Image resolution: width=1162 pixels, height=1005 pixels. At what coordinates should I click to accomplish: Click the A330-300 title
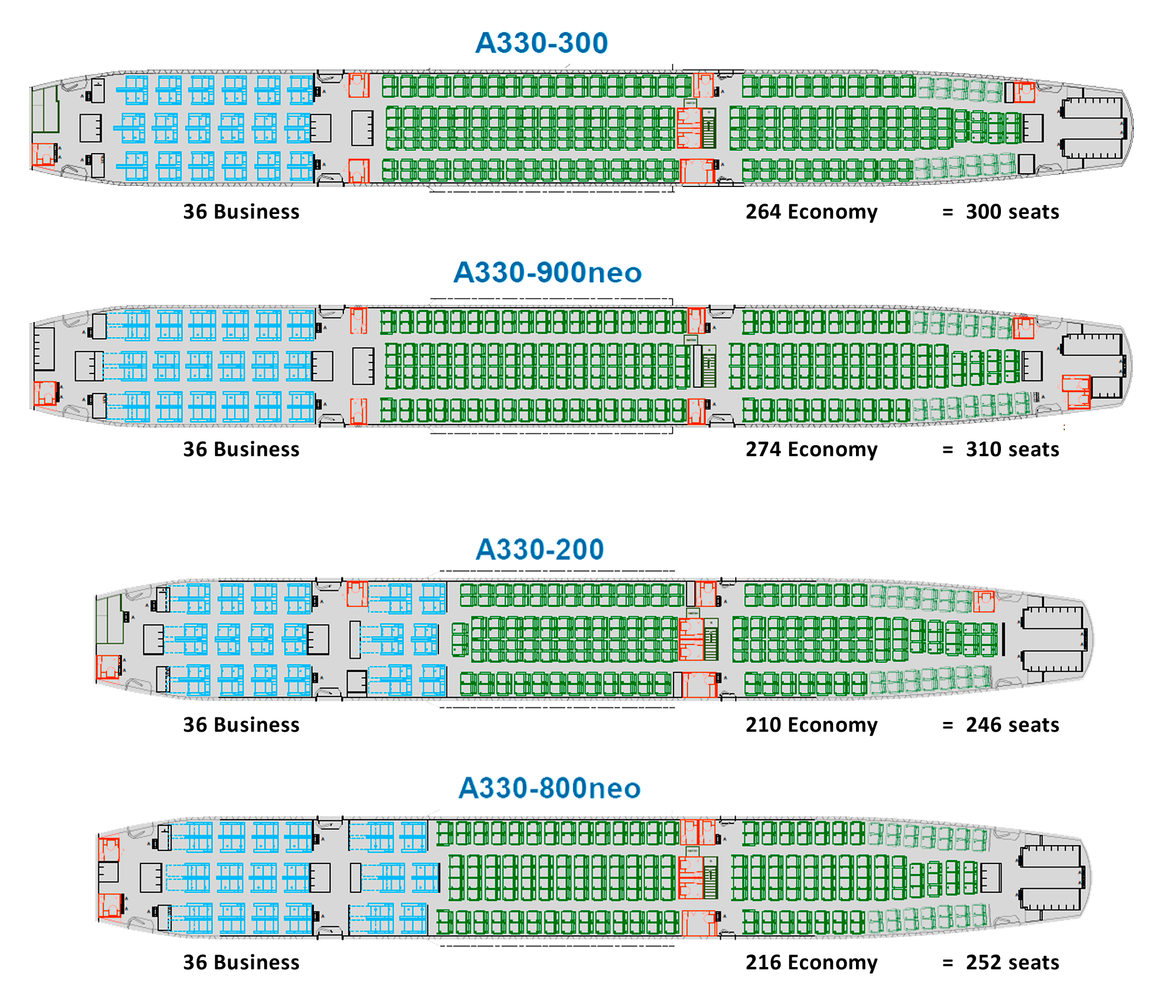pyautogui.click(x=541, y=43)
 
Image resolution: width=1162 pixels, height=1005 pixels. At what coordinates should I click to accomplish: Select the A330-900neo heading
pyautogui.click(x=547, y=273)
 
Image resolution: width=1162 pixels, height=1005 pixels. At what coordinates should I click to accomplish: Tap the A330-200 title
pyautogui.click(x=540, y=549)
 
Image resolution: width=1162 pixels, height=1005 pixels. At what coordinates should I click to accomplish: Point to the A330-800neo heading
pyautogui.click(x=549, y=788)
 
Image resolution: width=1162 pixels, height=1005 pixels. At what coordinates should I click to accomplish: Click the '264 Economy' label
pyautogui.click(x=811, y=212)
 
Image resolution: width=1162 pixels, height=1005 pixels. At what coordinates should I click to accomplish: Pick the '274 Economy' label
pyautogui.click(x=811, y=449)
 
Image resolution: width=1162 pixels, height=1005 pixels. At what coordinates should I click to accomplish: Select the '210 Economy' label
pyautogui.click(x=811, y=725)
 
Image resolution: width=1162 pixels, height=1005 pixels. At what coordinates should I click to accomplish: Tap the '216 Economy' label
pyautogui.click(x=811, y=962)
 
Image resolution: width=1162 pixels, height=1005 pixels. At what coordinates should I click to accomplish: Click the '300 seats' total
pyautogui.click(x=1012, y=212)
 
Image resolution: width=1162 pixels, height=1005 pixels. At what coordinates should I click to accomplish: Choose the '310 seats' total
pyautogui.click(x=1012, y=449)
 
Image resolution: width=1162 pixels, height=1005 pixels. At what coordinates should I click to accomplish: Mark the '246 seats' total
pyautogui.click(x=1012, y=725)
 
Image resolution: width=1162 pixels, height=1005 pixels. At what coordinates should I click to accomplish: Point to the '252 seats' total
pyautogui.click(x=1012, y=962)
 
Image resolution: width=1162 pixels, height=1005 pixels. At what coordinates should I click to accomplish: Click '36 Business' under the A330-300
pyautogui.click(x=241, y=212)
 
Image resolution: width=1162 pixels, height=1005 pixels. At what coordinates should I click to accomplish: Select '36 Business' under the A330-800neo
pyautogui.click(x=241, y=962)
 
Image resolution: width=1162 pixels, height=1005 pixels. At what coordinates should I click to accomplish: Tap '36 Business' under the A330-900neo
pyautogui.click(x=241, y=449)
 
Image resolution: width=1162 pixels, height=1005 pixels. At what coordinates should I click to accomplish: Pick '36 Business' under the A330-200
pyautogui.click(x=241, y=725)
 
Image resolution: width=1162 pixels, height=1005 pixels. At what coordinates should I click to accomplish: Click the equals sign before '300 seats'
pyautogui.click(x=947, y=212)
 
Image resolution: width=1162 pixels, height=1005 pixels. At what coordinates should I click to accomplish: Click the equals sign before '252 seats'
pyautogui.click(x=947, y=963)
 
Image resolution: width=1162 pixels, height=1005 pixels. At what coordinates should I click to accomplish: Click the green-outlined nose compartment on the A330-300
pyautogui.click(x=45, y=109)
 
